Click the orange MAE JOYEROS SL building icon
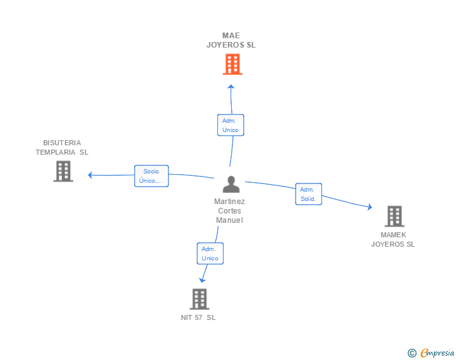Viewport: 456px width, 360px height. pyautogui.click(x=232, y=64)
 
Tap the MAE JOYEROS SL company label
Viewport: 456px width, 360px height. pyautogui.click(x=231, y=40)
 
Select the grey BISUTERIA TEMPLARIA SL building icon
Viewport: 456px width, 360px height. pyautogui.click(x=63, y=171)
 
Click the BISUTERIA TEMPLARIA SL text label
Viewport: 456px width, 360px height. pyautogui.click(x=62, y=147)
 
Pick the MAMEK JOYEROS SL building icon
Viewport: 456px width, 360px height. pyautogui.click(x=394, y=216)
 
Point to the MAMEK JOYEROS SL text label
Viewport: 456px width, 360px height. pyautogui.click(x=393, y=239)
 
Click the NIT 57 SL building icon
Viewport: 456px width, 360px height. pyautogui.click(x=199, y=299)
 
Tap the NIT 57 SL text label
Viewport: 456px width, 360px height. pyautogui.click(x=198, y=317)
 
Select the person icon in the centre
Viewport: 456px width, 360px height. pyautogui.click(x=231, y=185)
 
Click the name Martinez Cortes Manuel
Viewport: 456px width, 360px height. pyautogui.click(x=229, y=211)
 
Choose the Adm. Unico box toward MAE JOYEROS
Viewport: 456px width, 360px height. pyautogui.click(x=230, y=125)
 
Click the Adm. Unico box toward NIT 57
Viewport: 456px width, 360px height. pyautogui.click(x=210, y=254)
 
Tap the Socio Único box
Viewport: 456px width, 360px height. pyautogui.click(x=151, y=176)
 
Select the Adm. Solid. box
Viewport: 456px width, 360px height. pyautogui.click(x=308, y=194)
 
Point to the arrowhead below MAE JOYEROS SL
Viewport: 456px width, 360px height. pyautogui.click(x=231, y=86)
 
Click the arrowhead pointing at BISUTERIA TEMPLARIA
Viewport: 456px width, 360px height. pyautogui.click(x=90, y=175)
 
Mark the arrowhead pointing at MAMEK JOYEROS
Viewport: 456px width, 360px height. pyautogui.click(x=370, y=207)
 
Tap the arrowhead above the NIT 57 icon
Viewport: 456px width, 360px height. pyautogui.click(x=202, y=280)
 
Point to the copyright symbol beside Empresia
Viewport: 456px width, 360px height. pyautogui.click(x=412, y=353)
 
